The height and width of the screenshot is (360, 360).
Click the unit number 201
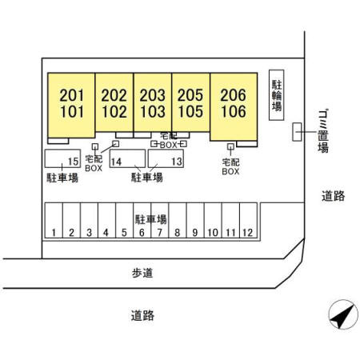71,95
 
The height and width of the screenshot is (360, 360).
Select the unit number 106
234,111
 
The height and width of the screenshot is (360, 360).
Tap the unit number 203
153,95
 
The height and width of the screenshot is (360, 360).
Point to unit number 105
190,111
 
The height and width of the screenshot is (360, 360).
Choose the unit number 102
114,111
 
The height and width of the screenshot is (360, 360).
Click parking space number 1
54,233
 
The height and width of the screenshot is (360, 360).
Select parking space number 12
247,233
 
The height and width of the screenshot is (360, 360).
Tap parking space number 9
195,233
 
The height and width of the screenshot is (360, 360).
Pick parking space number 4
106,233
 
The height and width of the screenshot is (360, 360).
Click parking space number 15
73,162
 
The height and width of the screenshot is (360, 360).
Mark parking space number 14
116,162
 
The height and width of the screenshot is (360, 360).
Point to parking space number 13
177,161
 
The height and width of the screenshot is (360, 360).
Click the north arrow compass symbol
343,314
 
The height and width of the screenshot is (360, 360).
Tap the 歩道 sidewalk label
142,273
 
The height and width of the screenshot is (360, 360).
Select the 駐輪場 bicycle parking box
277,95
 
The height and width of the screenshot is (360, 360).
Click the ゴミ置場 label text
323,131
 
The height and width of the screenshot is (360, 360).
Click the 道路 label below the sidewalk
142,315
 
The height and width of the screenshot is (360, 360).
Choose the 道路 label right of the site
333,196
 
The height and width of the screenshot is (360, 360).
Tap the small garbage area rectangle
297,132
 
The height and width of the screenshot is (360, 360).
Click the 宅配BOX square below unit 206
230,146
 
